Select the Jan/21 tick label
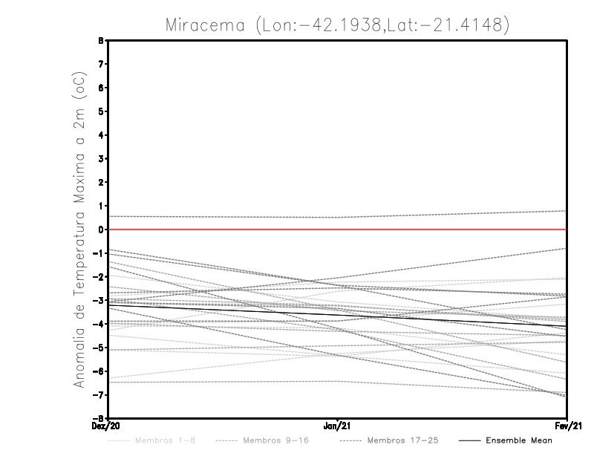click(338, 426)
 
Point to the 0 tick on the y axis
click(101, 229)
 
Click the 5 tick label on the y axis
click(101, 111)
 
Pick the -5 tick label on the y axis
click(99, 348)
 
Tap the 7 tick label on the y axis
click(101, 65)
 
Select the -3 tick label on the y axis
click(99, 300)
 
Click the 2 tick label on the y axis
click(101, 183)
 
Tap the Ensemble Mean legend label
click(519, 440)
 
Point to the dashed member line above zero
click(223, 217)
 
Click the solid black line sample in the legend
click(469, 440)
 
